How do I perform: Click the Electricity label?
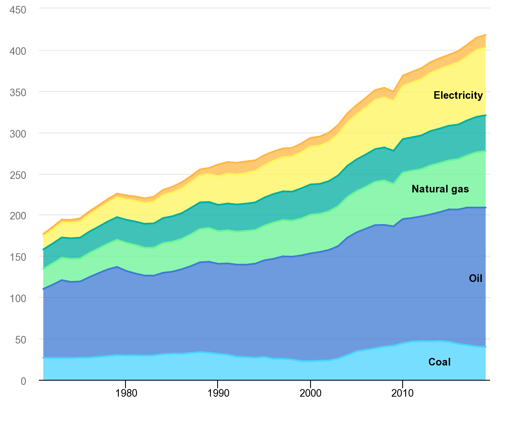point(458,95)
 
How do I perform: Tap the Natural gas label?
point(440,189)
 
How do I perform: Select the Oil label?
point(475,278)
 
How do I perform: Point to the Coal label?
point(439,362)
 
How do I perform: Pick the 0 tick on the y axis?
point(24,381)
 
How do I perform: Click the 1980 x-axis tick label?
point(125,393)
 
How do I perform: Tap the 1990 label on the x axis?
point(218,393)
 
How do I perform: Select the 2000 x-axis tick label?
point(311,393)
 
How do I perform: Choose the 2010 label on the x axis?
point(403,393)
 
